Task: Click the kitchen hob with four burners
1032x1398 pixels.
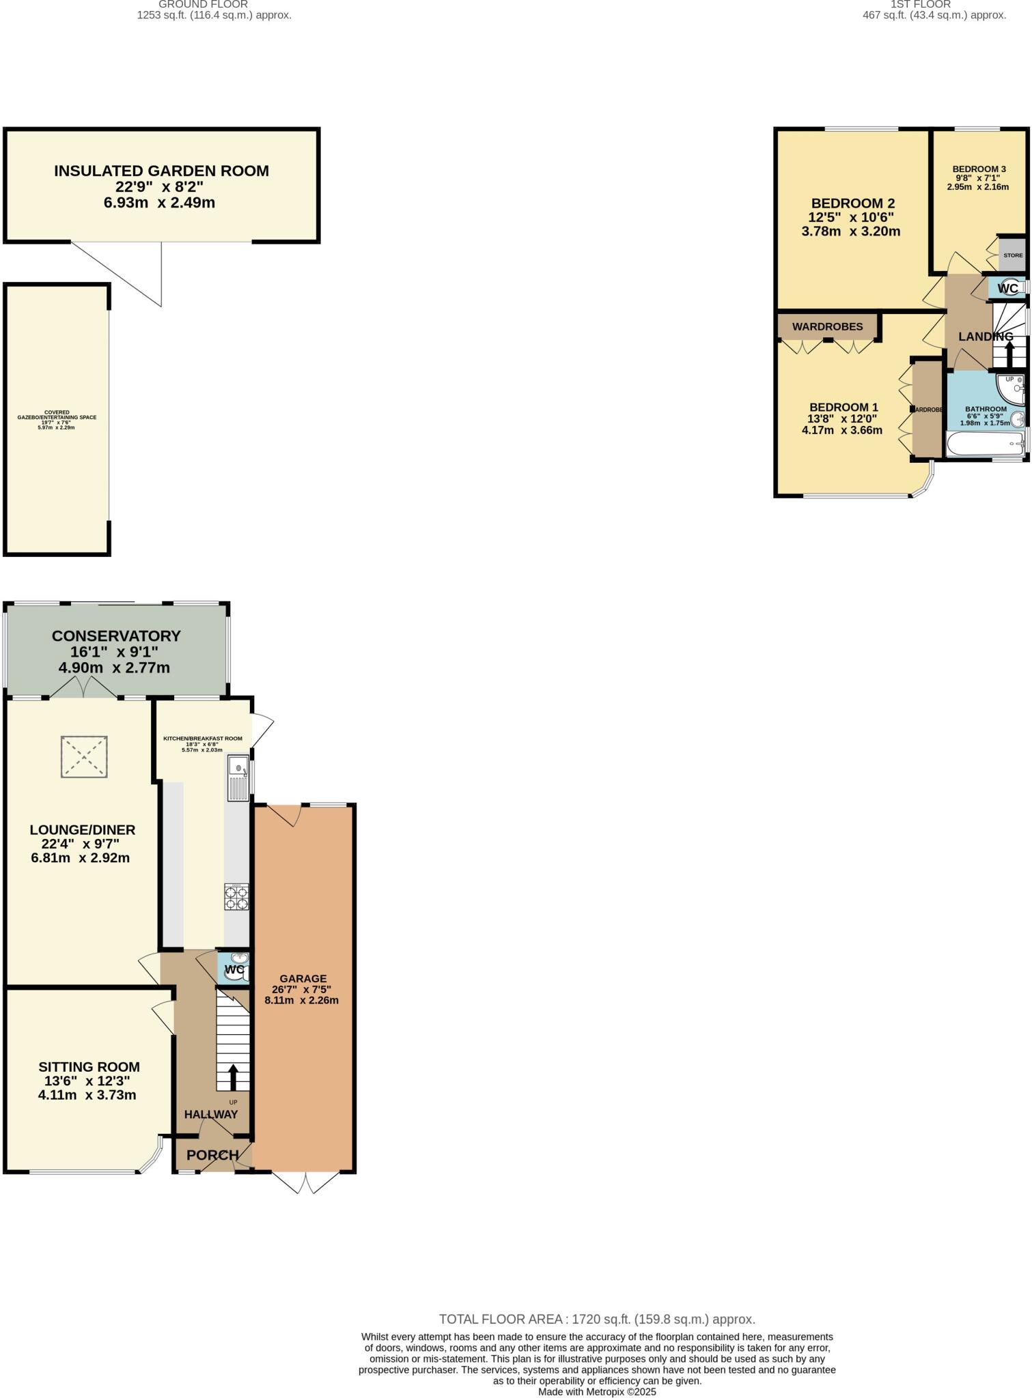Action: pos(237,897)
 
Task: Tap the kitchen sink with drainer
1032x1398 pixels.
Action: pos(237,778)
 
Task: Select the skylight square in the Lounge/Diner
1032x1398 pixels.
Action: pos(84,756)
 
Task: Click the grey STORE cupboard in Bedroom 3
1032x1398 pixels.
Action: pos(1012,255)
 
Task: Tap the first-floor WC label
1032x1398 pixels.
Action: pos(1007,289)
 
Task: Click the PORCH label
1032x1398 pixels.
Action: pos(212,1155)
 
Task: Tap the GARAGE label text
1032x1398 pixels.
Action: pos(303,978)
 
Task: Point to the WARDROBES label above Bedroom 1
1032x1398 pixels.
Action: pos(827,327)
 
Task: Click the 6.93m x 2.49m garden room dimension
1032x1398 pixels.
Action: pos(159,203)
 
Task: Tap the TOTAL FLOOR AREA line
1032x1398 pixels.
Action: pos(596,1319)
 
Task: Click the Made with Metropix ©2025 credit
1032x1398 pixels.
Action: pos(596,1391)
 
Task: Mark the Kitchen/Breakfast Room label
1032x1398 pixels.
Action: pos(202,738)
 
